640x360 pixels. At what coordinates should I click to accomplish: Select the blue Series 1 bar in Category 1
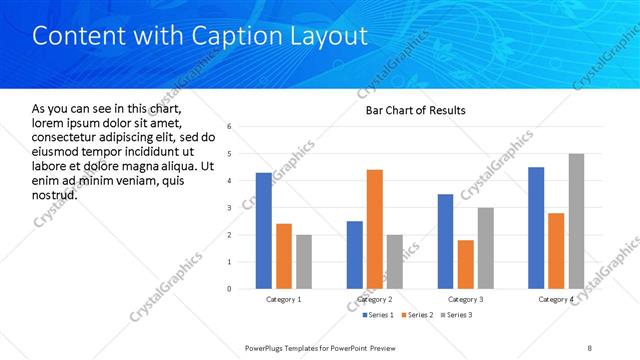click(263, 231)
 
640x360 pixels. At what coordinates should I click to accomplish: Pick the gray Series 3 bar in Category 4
click(576, 221)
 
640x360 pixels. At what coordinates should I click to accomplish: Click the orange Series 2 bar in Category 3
click(465, 264)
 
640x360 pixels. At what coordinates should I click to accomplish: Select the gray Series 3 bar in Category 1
click(303, 262)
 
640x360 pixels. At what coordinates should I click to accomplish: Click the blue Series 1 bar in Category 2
click(355, 255)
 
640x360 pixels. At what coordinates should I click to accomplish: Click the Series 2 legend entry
click(414, 316)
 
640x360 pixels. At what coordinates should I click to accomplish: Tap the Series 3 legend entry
click(457, 316)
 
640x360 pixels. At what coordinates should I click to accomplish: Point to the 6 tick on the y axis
click(230, 127)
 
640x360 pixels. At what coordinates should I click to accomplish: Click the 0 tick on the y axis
click(230, 289)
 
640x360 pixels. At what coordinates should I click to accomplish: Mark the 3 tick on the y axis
click(230, 208)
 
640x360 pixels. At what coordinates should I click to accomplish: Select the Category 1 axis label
click(283, 300)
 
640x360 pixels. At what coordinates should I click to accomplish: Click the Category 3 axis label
click(465, 300)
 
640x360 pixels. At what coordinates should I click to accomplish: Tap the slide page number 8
click(589, 347)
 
